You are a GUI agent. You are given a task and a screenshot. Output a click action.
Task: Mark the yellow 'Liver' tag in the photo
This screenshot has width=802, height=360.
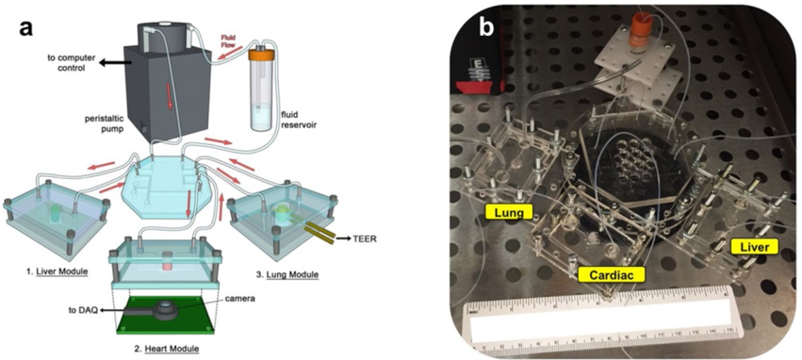click(754, 247)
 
